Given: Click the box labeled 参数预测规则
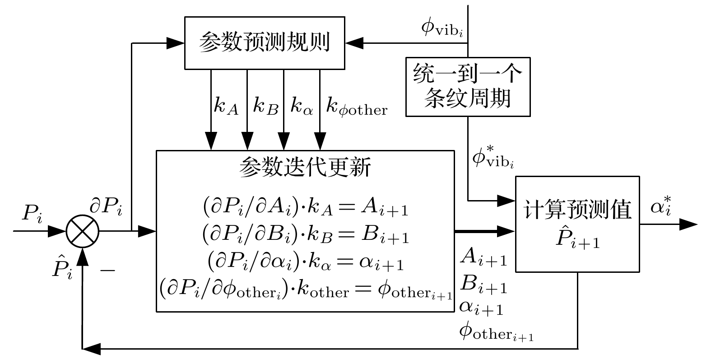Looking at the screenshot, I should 265,43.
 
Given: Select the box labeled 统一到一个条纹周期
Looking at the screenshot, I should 468,86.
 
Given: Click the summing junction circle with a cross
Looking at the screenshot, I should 83,232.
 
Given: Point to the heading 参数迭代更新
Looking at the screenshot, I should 305,168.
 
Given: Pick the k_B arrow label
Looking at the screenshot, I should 265,108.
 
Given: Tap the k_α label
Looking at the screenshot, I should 302,108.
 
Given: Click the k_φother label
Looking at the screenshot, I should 356,108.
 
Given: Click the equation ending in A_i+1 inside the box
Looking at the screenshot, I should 305,208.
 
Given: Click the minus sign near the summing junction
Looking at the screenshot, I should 107,270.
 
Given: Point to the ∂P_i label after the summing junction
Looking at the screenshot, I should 106,208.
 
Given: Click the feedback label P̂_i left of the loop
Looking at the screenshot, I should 62,267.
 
